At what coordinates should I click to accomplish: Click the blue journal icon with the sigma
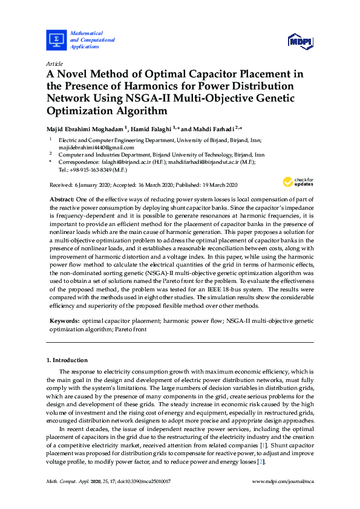point(56,39)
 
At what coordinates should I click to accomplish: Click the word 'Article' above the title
point(55,63)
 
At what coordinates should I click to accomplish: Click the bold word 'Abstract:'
point(61,199)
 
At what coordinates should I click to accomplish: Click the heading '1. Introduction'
point(67,360)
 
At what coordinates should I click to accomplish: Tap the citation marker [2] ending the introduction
point(261,462)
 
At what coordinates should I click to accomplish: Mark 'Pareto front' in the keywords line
point(129,330)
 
